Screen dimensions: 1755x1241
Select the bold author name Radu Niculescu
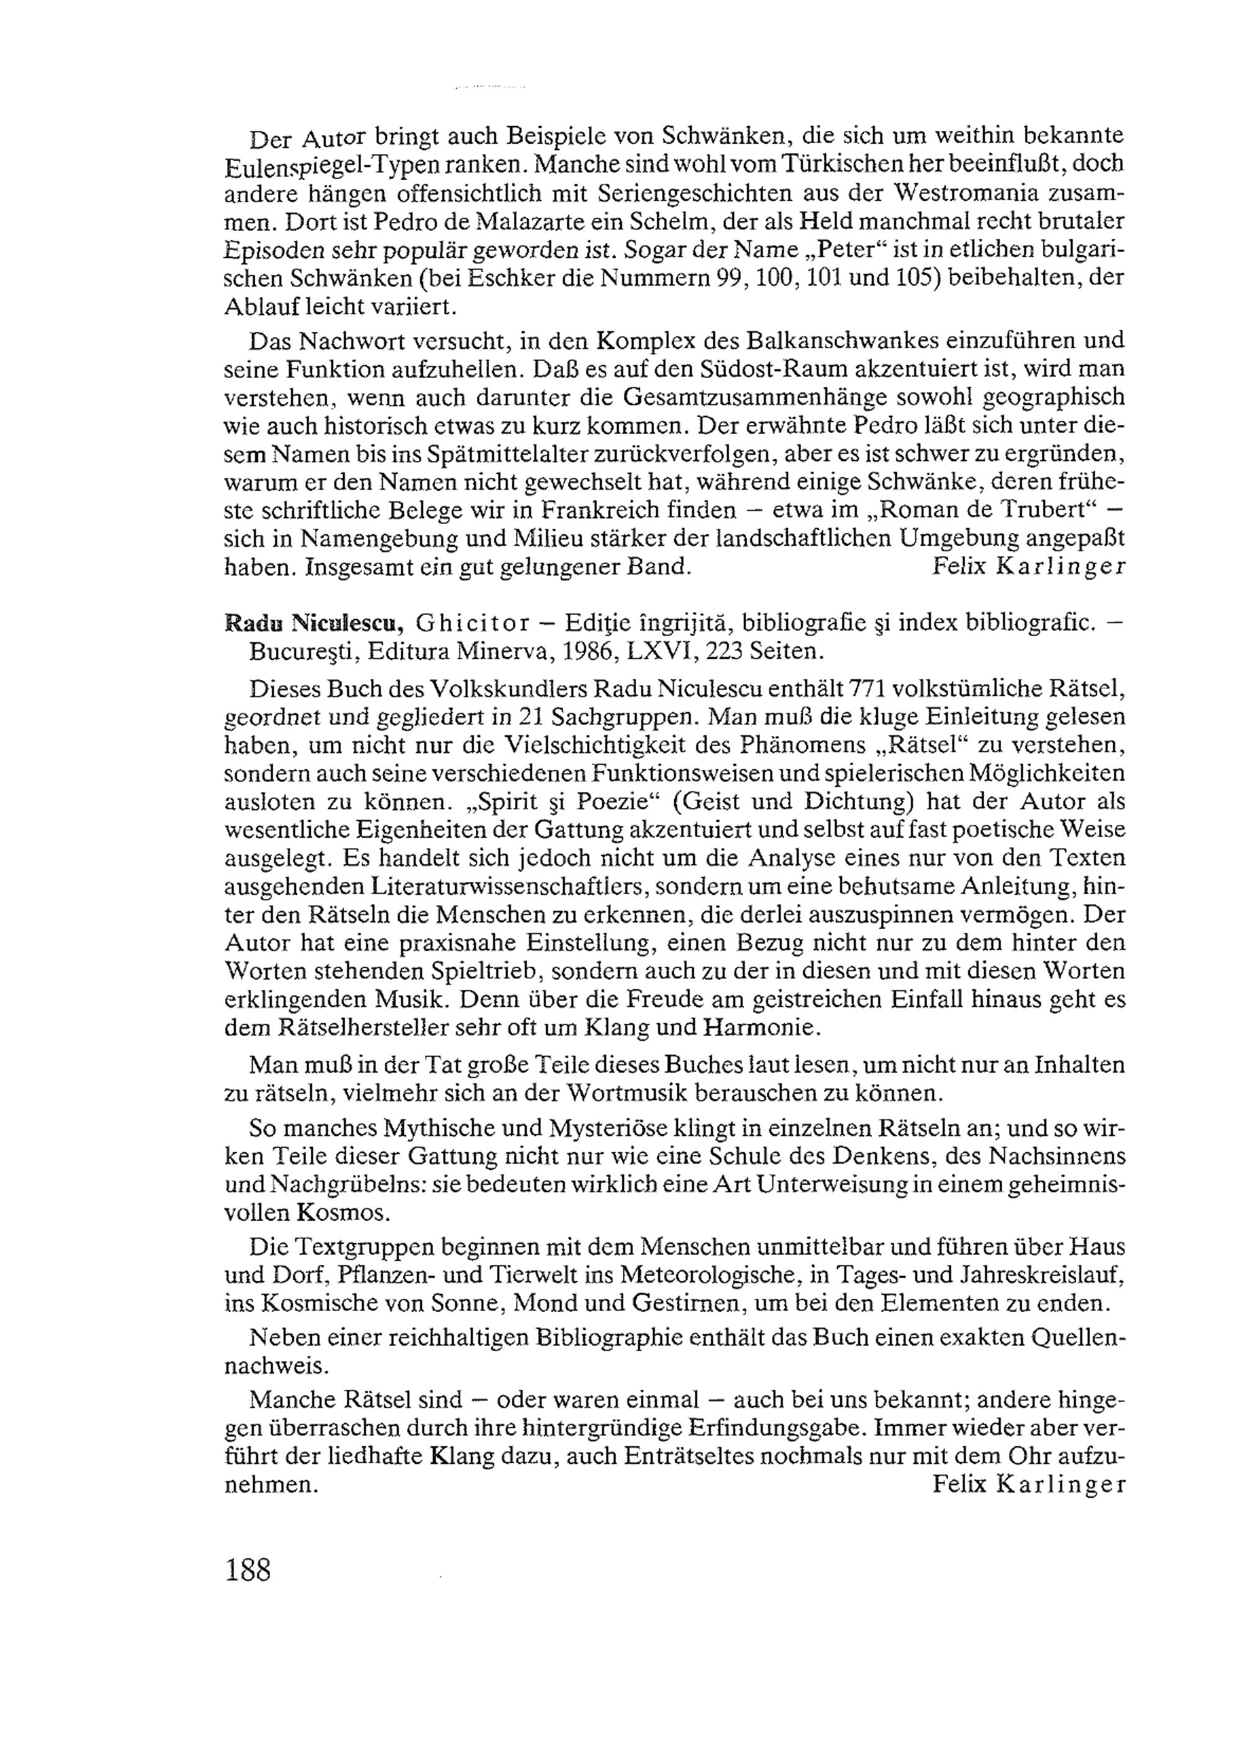(313, 624)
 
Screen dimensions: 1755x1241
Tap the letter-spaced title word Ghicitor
(472, 624)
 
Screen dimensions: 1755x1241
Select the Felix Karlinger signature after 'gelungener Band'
(1029, 567)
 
